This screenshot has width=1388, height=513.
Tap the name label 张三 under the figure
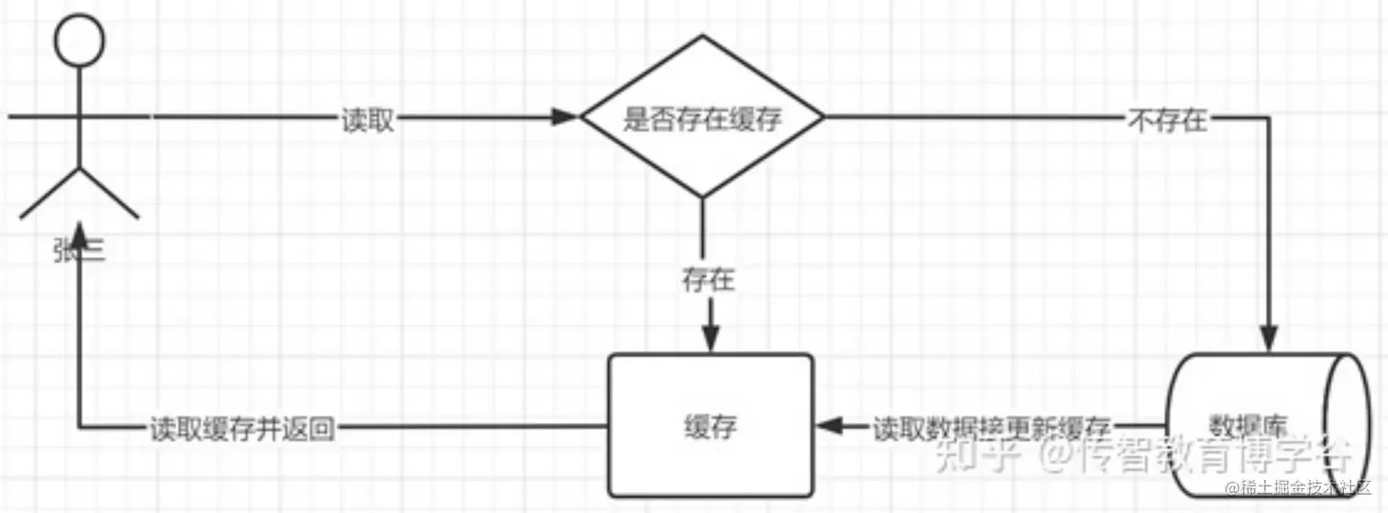tap(79, 250)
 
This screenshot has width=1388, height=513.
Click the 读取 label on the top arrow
tap(368, 120)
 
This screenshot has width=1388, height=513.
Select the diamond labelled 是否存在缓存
tap(702, 117)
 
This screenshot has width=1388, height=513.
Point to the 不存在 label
tap(1166, 120)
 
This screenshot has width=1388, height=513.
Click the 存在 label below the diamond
tap(708, 280)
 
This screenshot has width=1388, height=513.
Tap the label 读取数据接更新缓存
tap(991, 428)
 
